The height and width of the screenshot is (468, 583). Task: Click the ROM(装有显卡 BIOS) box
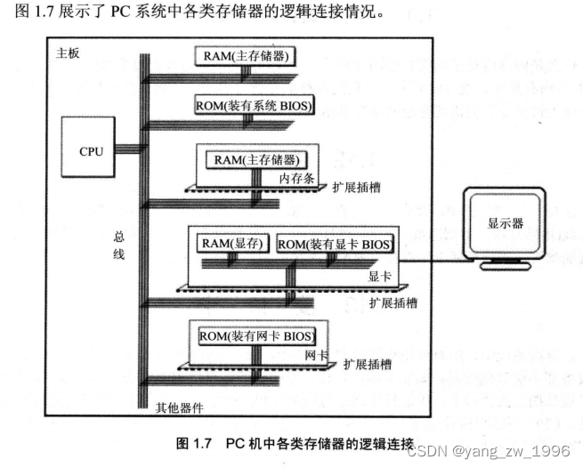334,243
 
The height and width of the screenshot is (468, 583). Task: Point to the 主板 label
68,53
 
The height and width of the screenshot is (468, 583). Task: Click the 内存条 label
297,178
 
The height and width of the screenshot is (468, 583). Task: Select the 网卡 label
316,355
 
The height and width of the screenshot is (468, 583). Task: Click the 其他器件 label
180,407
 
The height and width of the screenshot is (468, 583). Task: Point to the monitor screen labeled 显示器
504,226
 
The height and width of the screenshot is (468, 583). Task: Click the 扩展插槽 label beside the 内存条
353,190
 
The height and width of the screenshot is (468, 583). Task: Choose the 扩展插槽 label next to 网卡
368,365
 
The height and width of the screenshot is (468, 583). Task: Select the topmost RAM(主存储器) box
247,56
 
